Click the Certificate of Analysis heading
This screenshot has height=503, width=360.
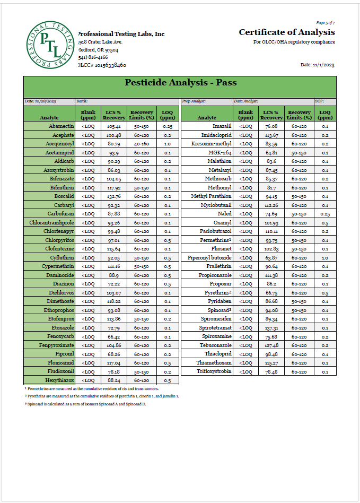tap(286, 32)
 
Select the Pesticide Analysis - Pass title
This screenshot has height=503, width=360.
tap(180, 82)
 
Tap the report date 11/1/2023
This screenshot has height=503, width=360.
tap(318, 65)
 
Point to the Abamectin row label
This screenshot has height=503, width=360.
tap(61, 126)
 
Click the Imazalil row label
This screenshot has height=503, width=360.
tap(222, 126)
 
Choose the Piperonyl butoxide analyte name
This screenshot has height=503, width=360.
tap(210, 257)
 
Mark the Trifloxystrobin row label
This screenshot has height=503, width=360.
tap(214, 371)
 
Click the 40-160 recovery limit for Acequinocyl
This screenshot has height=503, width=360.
tap(142, 144)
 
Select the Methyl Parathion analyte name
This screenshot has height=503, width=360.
tap(212, 196)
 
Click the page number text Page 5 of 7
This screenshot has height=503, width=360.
tap(325, 23)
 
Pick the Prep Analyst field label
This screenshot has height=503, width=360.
tap(194, 101)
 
